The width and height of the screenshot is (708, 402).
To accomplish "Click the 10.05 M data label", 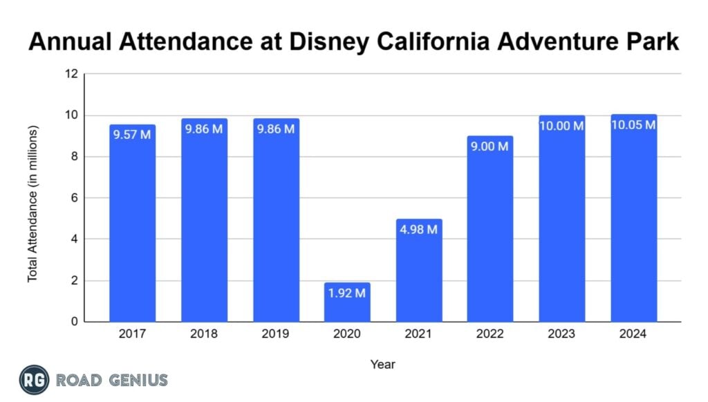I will (633, 125).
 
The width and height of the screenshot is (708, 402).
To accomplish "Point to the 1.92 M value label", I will (347, 293).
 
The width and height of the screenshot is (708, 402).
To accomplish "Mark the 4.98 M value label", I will (419, 229).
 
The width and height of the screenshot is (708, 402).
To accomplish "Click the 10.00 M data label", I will (561, 126).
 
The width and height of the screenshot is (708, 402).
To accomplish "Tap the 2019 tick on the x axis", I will (276, 334).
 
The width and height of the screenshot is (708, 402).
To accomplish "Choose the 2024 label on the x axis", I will (633, 334).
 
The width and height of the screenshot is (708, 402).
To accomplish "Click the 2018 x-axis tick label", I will (204, 334).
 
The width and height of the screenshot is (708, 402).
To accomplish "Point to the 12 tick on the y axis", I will (72, 74).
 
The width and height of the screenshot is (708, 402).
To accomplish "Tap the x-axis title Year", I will (382, 363).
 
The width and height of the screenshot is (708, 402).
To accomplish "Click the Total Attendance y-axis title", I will (32, 204).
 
